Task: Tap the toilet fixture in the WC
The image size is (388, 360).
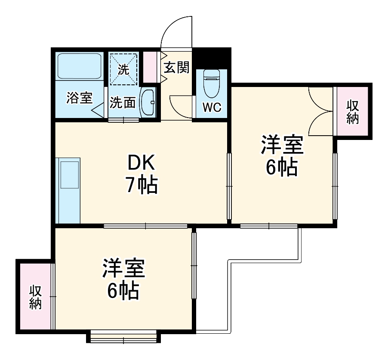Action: (212, 83)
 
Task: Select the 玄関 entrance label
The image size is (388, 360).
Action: (176, 68)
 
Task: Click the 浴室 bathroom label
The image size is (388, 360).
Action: (79, 98)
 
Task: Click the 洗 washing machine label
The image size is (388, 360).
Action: (123, 70)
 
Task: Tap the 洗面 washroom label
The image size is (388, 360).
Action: (123, 102)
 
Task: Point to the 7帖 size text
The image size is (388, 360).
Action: (142, 186)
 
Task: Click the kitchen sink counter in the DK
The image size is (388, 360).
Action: (69, 189)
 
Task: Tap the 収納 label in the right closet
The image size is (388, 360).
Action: (352, 111)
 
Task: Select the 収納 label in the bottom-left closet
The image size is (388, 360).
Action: (35, 297)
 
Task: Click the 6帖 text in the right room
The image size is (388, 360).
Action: (281, 168)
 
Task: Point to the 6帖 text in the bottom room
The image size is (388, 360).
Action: (123, 292)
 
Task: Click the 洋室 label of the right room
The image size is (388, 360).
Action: (282, 145)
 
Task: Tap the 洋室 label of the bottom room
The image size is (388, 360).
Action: (123, 269)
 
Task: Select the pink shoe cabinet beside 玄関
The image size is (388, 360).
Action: (150, 67)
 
